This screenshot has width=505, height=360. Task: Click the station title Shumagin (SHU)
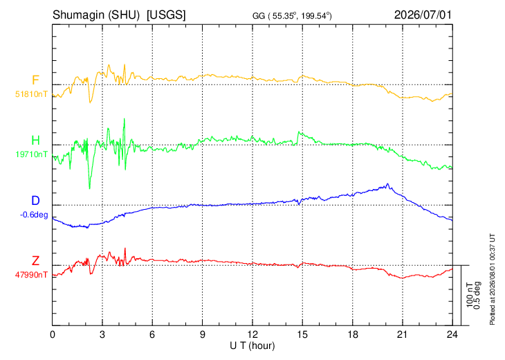coord(96,15)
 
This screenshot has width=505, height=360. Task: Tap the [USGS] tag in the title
coord(166,15)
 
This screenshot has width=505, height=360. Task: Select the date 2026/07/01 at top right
coord(423,15)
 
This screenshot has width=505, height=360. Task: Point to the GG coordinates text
coord(292,16)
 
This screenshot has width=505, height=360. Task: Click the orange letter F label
coord(35,80)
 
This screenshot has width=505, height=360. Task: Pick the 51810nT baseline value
coord(31,94)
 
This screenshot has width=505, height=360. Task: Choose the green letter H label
coord(35,141)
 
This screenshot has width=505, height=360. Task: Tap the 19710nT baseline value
coord(32,154)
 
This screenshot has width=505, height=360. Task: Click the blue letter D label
coord(35,201)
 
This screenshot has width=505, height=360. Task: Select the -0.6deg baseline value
coord(34,215)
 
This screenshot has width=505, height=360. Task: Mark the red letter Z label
coord(35,260)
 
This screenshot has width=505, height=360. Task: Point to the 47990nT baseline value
coord(31,275)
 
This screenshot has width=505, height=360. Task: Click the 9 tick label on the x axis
coord(202,334)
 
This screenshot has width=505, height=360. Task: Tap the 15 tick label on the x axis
coord(302,334)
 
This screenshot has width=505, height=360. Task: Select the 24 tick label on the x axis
coord(452,334)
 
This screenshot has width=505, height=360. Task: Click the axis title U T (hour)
coord(252,346)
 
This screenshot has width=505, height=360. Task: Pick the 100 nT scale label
coord(470,295)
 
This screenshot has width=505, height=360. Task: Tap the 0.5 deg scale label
coord(477,295)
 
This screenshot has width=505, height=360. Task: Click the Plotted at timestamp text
coord(492,279)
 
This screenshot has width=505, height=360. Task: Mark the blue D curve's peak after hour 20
coord(388,183)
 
